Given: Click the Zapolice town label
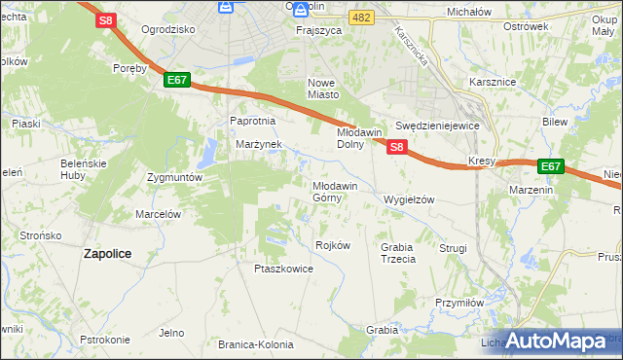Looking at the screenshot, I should [x=107, y=253].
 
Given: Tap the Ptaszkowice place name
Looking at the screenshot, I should [x=283, y=269].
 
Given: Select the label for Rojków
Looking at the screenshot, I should [x=333, y=245].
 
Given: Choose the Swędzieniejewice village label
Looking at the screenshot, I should [x=438, y=126].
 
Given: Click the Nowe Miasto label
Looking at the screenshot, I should [x=323, y=89].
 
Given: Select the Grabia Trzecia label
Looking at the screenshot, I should [x=398, y=253].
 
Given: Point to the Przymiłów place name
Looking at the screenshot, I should [x=459, y=303].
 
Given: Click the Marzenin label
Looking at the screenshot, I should [x=531, y=190].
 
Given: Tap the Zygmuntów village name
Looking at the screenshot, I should [x=174, y=178].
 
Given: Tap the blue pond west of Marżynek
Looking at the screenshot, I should [x=207, y=154].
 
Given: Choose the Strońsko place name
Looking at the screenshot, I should [x=41, y=235].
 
